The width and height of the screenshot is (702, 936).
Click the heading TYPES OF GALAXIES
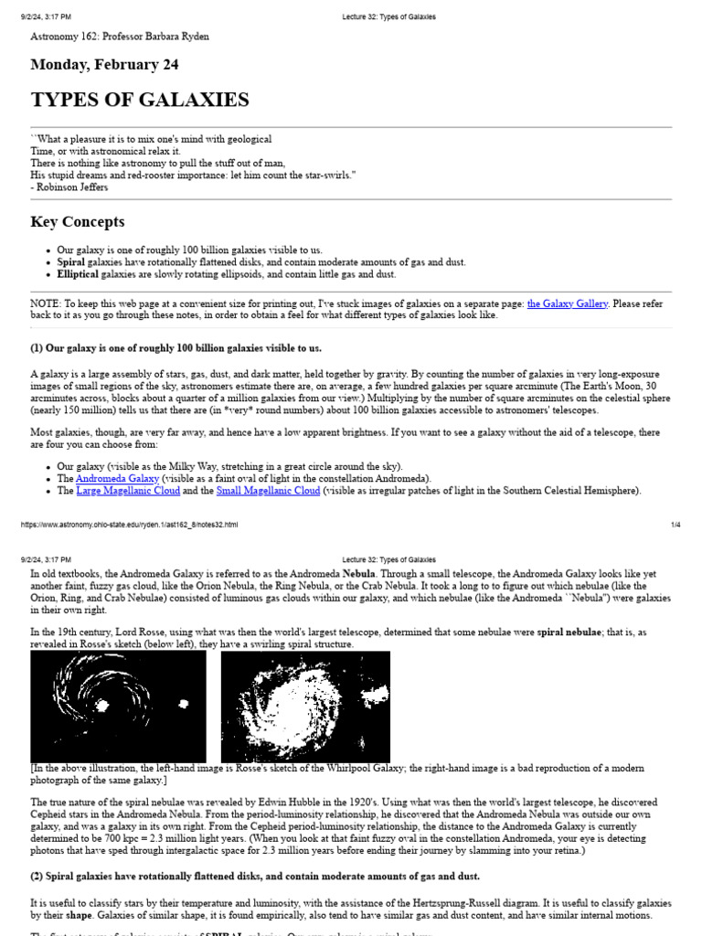click(x=139, y=100)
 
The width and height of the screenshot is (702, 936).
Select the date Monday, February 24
click(x=104, y=65)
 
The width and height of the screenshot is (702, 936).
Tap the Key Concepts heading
click(x=78, y=222)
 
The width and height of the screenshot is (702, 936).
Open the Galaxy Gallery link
click(x=567, y=303)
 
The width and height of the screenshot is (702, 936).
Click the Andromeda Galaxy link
click(x=117, y=478)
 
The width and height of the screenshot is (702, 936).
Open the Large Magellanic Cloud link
click(x=127, y=491)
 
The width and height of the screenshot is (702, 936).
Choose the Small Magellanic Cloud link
click(x=268, y=491)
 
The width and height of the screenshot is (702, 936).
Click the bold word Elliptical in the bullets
click(x=78, y=274)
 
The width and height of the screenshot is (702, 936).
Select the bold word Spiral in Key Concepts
click(x=71, y=261)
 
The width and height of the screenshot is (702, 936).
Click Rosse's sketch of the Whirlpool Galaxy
click(x=118, y=707)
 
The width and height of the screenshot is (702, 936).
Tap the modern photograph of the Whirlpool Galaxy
click(x=305, y=707)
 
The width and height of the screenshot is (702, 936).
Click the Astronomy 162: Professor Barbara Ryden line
click(x=120, y=37)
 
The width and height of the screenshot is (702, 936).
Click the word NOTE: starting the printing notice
click(x=45, y=303)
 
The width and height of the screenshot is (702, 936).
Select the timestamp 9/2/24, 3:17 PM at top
click(x=45, y=16)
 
